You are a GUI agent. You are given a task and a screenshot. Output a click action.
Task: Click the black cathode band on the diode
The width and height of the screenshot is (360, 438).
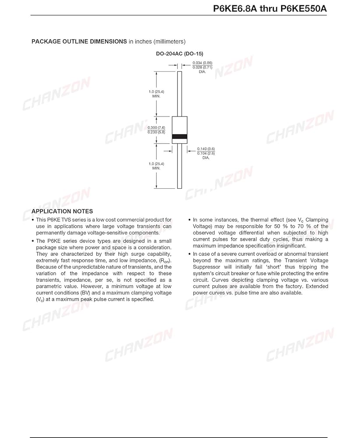pos(180,137)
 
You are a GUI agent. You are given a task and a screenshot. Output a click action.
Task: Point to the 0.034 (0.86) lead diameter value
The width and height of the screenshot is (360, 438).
pos(202,63)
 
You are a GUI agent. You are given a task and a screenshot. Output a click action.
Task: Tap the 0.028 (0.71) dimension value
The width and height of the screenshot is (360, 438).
pos(202,67)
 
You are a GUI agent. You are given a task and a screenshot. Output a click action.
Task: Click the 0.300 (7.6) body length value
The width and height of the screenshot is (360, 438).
pos(156,127)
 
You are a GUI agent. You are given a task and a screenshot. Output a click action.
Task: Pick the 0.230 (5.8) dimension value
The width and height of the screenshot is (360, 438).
pos(156,132)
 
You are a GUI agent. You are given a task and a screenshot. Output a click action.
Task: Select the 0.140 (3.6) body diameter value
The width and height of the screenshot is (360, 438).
pos(206,149)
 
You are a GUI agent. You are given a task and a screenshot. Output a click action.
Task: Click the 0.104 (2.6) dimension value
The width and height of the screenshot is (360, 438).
pos(206,153)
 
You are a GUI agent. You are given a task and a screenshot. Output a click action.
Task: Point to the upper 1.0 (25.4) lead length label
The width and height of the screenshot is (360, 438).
pos(156,92)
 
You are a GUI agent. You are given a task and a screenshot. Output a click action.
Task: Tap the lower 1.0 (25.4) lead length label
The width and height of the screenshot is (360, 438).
pos(156,164)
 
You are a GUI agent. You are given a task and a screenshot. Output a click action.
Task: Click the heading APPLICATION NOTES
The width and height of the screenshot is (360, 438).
pos(62,212)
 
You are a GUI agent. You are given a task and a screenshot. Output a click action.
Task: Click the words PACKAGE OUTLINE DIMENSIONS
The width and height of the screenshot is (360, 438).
pos(79,42)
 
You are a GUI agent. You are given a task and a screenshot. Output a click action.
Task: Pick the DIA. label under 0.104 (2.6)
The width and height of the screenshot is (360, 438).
pos(206,158)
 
